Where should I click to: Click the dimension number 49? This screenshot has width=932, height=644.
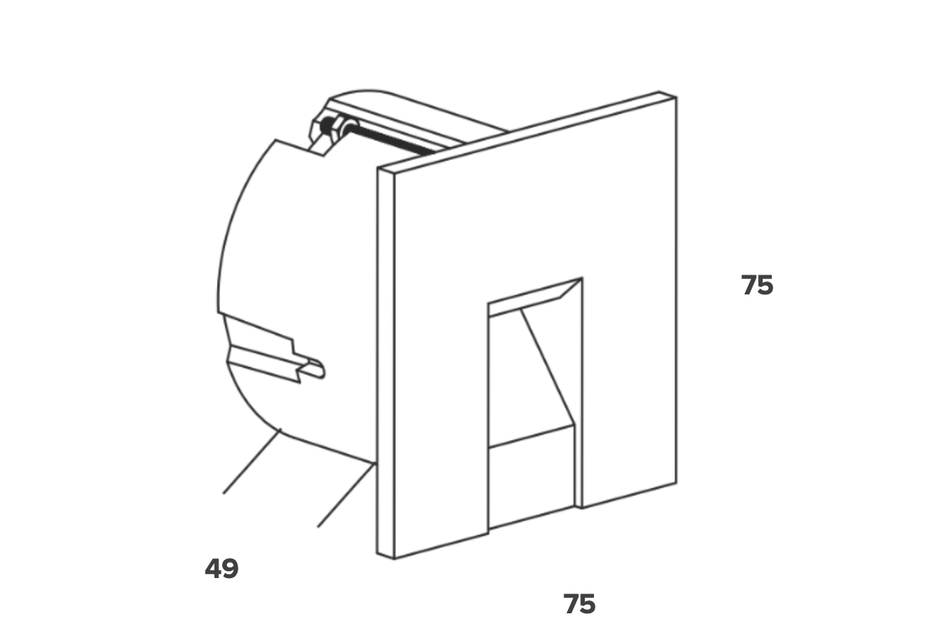tap(222, 569)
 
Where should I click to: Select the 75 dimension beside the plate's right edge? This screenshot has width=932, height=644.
tap(756, 285)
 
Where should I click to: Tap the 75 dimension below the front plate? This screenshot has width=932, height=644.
tap(579, 604)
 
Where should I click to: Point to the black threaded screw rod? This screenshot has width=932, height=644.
tap(389, 139)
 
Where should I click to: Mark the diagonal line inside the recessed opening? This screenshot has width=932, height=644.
tap(547, 366)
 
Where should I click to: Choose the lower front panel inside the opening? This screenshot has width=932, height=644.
tap(531, 477)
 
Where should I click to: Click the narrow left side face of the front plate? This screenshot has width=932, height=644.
tap(386, 363)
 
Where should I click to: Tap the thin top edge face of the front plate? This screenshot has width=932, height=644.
tap(527, 132)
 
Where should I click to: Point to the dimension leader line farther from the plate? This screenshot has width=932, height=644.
tap(252, 462)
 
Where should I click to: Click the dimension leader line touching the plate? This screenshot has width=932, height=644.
tap(346, 495)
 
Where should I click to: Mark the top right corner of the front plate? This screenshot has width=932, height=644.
tap(677, 98)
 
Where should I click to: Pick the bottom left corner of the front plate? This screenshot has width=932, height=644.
tap(395, 559)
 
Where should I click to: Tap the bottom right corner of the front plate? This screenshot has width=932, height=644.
tap(677, 483)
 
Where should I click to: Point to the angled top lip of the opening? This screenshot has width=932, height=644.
tap(536, 297)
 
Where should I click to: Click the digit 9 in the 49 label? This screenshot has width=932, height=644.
tap(231, 569)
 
